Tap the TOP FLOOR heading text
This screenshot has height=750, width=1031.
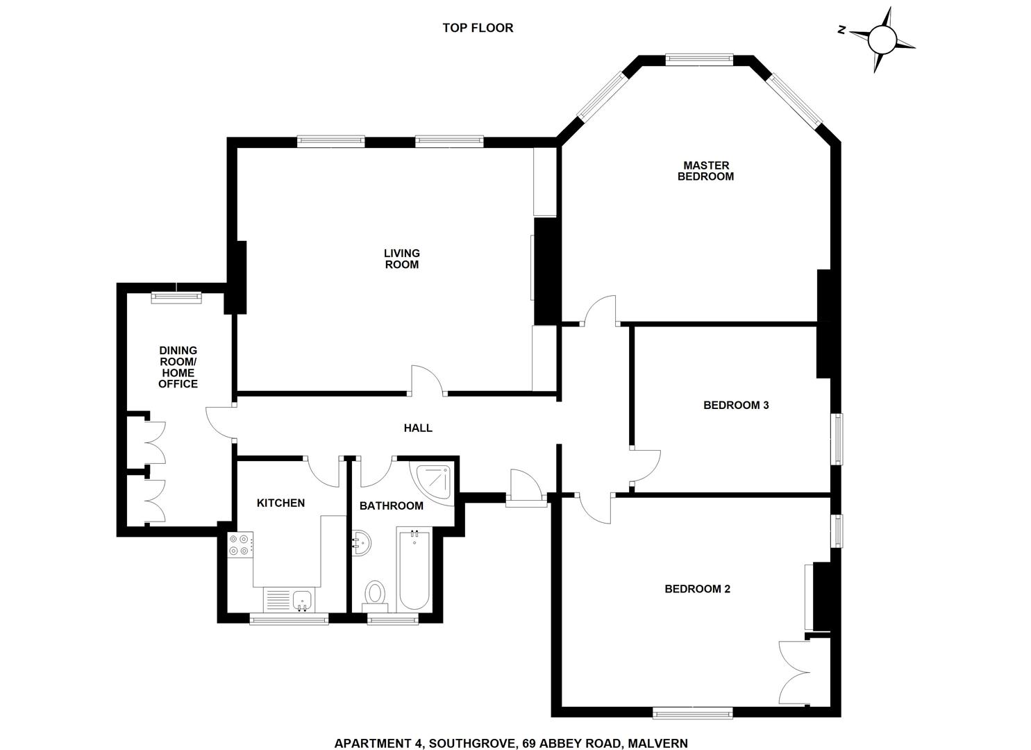478,28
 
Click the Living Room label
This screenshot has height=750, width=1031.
402,259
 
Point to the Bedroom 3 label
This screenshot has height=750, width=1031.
736,405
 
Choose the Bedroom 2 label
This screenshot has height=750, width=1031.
697,589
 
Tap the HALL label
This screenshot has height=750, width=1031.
418,428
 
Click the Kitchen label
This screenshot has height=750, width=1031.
280,503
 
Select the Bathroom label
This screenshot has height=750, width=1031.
391,506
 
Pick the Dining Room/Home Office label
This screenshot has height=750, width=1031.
178,367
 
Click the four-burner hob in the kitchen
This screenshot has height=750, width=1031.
240,544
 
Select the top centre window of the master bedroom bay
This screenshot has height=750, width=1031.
699,60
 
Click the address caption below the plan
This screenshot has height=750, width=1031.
511,743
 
